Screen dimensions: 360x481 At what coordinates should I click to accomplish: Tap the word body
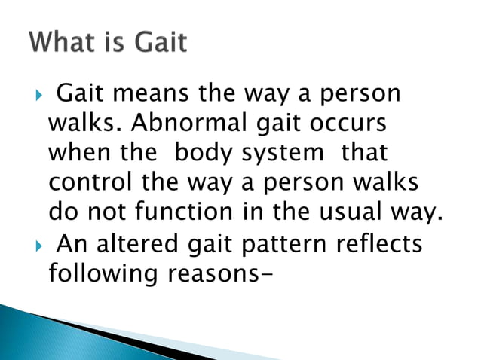click(202, 153)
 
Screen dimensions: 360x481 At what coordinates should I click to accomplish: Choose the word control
click(88, 182)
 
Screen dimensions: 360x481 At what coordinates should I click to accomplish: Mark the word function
click(185, 212)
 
